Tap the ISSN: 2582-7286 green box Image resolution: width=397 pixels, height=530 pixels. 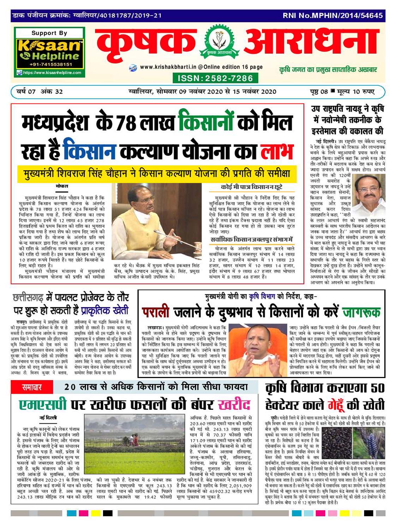(215, 78)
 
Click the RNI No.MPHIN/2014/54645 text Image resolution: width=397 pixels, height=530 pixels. (332, 16)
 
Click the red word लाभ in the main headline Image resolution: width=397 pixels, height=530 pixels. (277, 151)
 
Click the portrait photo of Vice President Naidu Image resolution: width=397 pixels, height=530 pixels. (368, 193)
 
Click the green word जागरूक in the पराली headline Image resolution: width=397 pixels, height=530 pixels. (361, 312)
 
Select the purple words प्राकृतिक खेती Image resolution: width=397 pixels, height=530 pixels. (105, 311)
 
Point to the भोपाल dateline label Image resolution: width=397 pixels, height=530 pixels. (62, 186)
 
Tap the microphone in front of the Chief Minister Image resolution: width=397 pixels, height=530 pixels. (159, 233)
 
